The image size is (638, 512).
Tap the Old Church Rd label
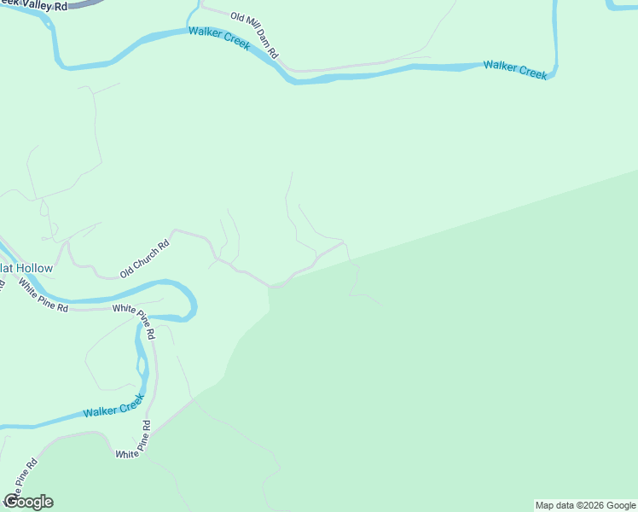pos(145,259)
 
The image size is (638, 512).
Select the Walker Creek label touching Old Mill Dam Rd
pos(218,37)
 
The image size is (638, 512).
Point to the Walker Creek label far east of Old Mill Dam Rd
pos(515,69)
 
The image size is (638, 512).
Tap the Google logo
pos(28,502)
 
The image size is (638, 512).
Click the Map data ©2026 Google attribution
pos(586,505)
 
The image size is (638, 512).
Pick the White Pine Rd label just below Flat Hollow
pos(43,295)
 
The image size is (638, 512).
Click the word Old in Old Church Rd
pos(127,271)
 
